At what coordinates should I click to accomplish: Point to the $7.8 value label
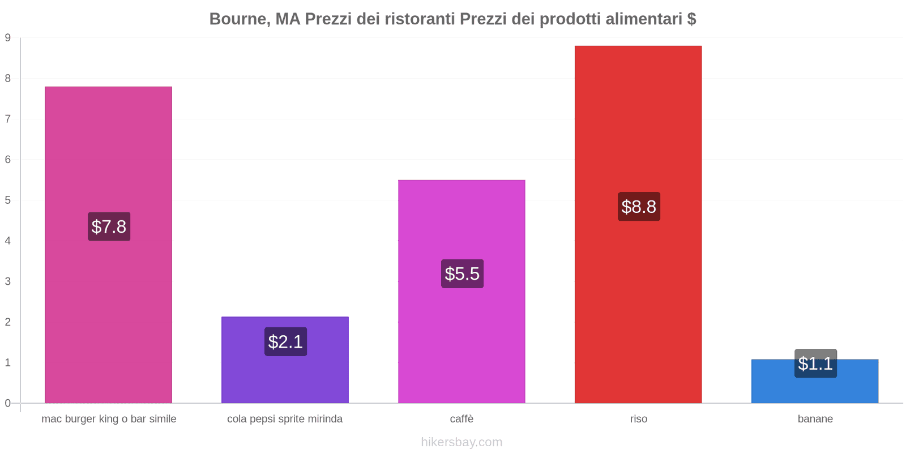pyautogui.click(x=109, y=226)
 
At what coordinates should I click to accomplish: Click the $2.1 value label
pyautogui.click(x=285, y=341)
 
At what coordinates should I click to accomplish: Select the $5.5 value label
pyautogui.click(x=462, y=273)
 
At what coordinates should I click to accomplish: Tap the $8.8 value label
pyautogui.click(x=639, y=207)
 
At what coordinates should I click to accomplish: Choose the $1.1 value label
pyautogui.click(x=815, y=364)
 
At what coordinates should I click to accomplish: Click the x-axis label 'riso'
pyautogui.click(x=638, y=419)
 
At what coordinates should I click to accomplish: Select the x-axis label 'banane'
pyautogui.click(x=815, y=419)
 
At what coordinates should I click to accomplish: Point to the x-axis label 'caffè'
pyautogui.click(x=461, y=419)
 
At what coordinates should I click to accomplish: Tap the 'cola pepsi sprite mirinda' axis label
pyautogui.click(x=285, y=419)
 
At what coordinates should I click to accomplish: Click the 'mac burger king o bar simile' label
pyautogui.click(x=109, y=419)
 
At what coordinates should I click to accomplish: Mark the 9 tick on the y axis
pyautogui.click(x=8, y=38)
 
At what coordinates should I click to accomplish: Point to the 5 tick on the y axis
pyautogui.click(x=8, y=200)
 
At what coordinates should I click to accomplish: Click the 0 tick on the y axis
pyautogui.click(x=8, y=403)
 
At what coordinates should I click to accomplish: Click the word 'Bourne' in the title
pyautogui.click(x=237, y=19)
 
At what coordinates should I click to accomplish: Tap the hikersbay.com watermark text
pyautogui.click(x=461, y=442)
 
